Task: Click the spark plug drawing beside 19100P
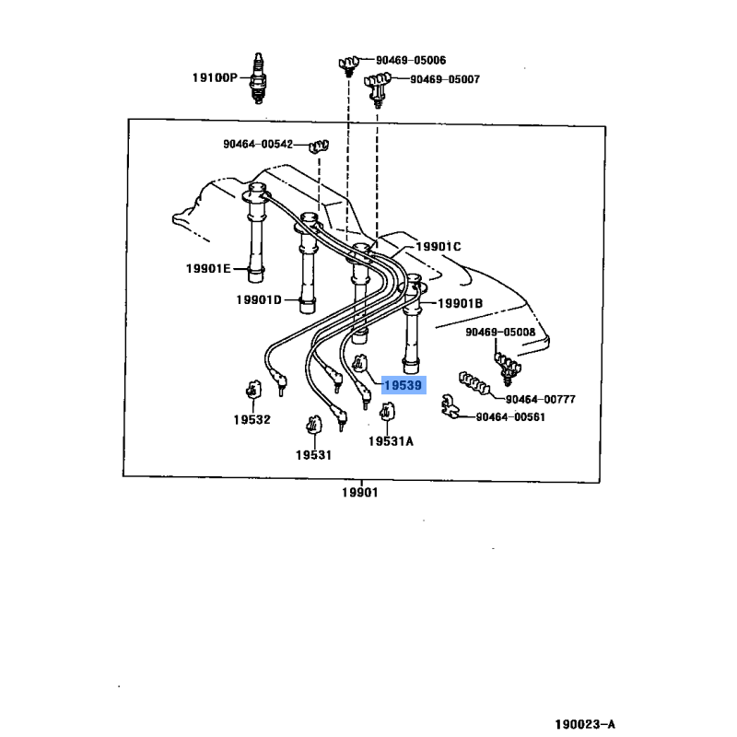point(258,78)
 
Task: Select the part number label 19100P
point(215,77)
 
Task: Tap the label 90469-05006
point(411,60)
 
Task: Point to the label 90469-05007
point(445,79)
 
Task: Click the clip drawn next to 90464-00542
point(319,146)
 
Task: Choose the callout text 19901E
point(208,268)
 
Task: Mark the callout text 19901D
point(259,299)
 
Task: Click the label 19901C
point(439,246)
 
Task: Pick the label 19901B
point(460,303)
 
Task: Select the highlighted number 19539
point(404,385)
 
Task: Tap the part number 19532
point(252,420)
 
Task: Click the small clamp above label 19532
point(253,389)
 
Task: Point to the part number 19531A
point(391,441)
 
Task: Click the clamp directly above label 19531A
point(387,412)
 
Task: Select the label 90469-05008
point(500,332)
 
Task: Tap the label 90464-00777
point(541,399)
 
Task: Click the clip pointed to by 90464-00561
point(449,406)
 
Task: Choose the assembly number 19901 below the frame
point(359,492)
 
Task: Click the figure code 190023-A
point(585,724)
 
